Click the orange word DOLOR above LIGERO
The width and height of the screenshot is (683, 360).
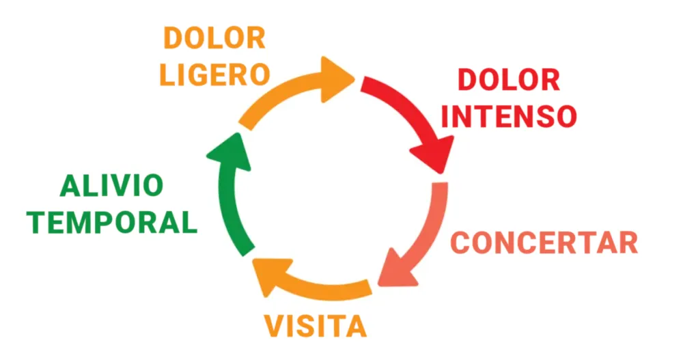click(214, 38)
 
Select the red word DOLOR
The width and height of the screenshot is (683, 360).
click(508, 81)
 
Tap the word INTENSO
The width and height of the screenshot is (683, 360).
click(508, 116)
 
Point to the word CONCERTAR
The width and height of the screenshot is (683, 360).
click(545, 243)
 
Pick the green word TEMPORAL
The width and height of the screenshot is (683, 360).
click(115, 222)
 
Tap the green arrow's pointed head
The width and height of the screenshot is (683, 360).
click(225, 149)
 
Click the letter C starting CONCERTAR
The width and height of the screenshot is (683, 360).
click(463, 243)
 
